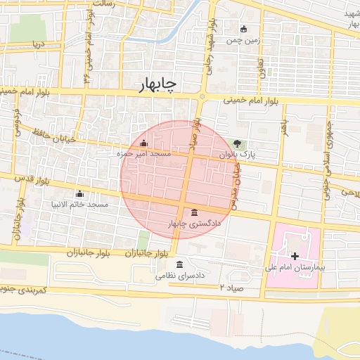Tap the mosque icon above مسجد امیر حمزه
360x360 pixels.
click(x=143, y=143)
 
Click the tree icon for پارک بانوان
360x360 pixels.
click(x=236, y=143)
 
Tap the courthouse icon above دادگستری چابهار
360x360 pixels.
click(x=194, y=213)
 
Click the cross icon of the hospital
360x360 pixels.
click(x=295, y=256)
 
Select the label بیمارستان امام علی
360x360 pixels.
click(x=291, y=267)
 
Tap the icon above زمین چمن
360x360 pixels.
click(x=244, y=29)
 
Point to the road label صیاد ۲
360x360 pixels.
click(x=231, y=288)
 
